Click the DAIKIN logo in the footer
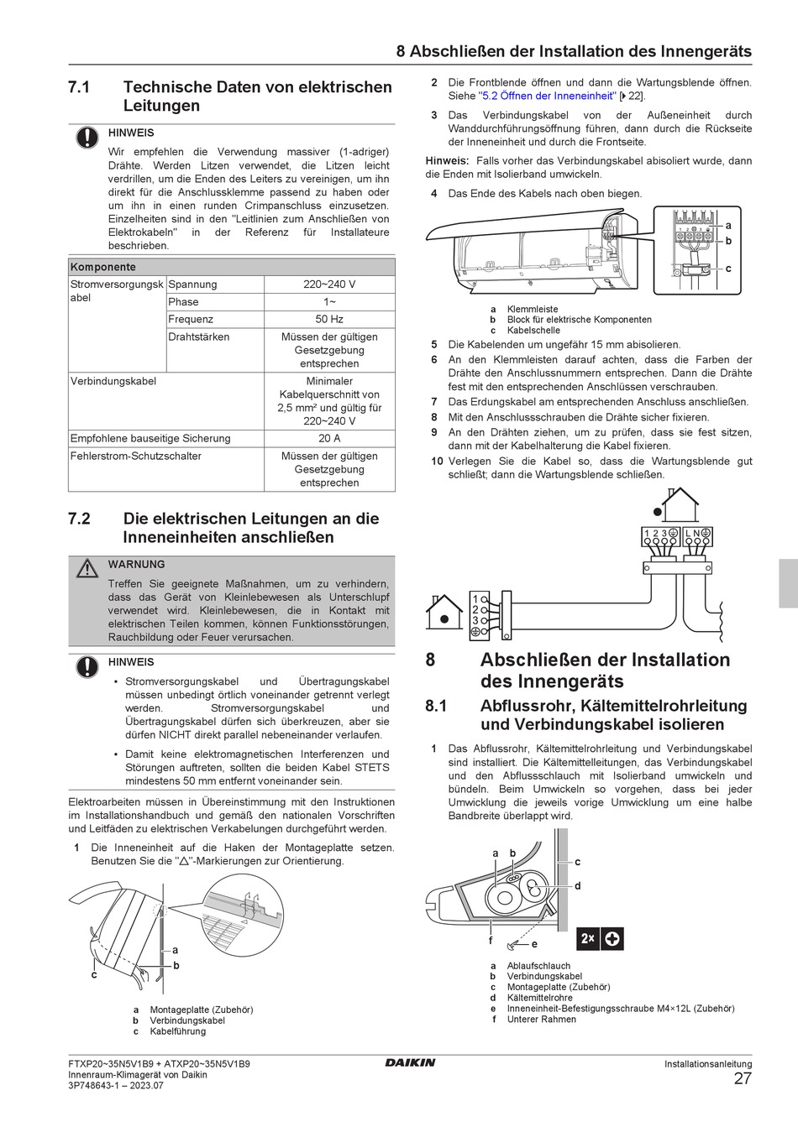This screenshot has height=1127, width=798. coord(410,1062)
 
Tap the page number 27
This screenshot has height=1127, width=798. coord(743,1078)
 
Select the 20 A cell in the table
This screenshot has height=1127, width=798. coord(329,438)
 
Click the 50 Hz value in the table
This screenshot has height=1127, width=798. coord(329,319)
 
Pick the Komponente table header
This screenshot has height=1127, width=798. coord(102,267)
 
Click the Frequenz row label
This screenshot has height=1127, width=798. coord(191,319)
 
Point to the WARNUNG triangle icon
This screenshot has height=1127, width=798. coord(87,568)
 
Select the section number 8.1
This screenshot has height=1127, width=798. coord(436,706)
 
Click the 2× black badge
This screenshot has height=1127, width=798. coord(587,939)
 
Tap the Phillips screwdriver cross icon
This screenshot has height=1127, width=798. coord(612,939)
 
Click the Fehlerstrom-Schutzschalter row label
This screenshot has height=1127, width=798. coord(135,456)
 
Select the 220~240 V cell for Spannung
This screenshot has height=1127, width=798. coord(329,284)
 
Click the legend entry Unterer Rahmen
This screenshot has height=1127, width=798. coord(541,1020)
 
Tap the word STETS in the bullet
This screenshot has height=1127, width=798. coord(371,767)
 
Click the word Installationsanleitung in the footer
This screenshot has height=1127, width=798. coord(708,1064)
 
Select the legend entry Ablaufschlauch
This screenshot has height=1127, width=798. coord(538,966)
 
